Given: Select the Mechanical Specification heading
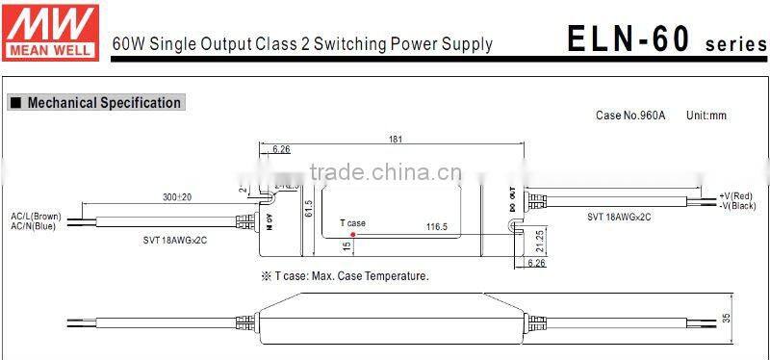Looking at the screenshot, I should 103,103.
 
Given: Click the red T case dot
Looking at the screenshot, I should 353,233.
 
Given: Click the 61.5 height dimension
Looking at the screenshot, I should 309,208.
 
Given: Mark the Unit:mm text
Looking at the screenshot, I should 706,116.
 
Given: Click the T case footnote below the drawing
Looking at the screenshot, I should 345,276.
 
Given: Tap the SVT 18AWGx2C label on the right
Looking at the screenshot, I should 618,218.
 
